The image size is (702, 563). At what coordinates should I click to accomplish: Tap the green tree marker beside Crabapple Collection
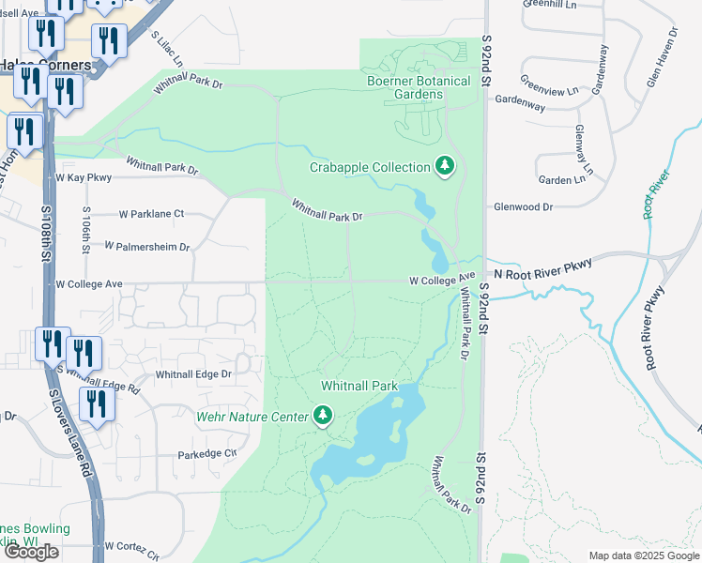click(x=445, y=167)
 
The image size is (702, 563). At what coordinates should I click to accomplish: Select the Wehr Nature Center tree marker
click(x=323, y=415)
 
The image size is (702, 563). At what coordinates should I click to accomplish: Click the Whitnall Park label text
click(x=359, y=386)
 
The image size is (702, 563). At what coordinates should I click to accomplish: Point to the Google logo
click(x=31, y=552)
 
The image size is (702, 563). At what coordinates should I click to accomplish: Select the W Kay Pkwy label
click(x=84, y=176)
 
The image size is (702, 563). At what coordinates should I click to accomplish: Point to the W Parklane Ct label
click(x=145, y=214)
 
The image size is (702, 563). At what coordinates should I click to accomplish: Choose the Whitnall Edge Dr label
click(x=193, y=373)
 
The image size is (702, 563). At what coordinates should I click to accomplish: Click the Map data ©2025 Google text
click(x=644, y=555)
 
